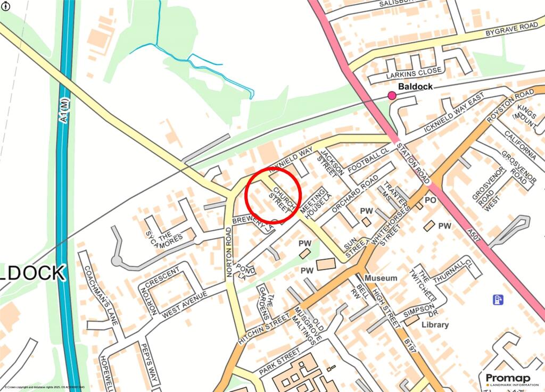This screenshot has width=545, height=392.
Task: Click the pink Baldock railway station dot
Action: [392, 96]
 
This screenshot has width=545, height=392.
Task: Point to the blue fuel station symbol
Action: [498, 300]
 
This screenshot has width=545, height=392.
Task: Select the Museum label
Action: [381, 278]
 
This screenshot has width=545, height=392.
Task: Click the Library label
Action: [434, 324]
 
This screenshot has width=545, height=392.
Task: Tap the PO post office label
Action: [431, 201]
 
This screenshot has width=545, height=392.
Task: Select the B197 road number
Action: [407, 358]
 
